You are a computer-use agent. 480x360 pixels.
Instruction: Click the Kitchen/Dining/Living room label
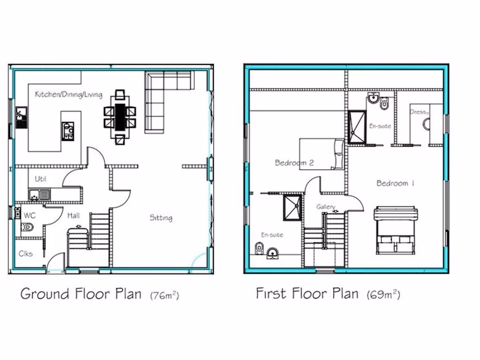(x=68, y=95)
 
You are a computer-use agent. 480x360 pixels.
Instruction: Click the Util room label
(x=41, y=179)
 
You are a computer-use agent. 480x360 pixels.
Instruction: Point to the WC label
(x=30, y=216)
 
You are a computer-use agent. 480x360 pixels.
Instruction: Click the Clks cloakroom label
(x=26, y=254)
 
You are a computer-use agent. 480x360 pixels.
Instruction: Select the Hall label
(x=73, y=216)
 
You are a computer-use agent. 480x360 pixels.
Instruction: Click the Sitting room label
(x=161, y=217)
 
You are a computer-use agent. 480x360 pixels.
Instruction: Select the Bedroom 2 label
(x=294, y=163)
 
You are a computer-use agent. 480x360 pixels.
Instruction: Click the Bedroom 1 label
(x=395, y=183)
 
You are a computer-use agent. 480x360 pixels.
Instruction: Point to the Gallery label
(x=326, y=207)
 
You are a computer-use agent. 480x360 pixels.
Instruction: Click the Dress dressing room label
(x=419, y=112)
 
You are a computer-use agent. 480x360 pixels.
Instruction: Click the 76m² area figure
(x=165, y=295)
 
